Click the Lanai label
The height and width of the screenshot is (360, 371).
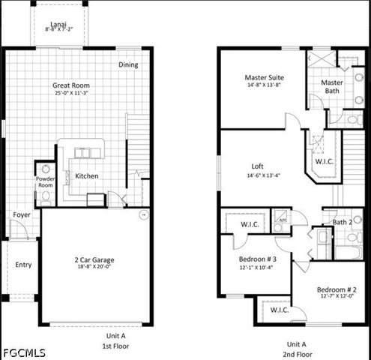point(58,23)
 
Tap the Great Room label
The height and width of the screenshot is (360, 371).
point(71,85)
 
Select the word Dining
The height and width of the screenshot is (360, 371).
point(128,64)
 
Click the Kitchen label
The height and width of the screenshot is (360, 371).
point(87,176)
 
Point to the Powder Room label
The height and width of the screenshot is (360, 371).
point(46,182)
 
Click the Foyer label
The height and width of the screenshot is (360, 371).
point(22,214)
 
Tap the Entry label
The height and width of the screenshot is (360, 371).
point(24,264)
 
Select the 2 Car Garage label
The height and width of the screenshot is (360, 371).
point(94,260)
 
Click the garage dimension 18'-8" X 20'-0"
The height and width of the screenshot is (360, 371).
point(94,268)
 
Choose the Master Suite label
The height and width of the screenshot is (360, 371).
point(264,77)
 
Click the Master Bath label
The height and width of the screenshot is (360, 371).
point(332,86)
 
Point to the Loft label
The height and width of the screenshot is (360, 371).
point(257,167)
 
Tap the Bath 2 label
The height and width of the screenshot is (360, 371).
point(343,222)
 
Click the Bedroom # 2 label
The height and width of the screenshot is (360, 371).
point(336,289)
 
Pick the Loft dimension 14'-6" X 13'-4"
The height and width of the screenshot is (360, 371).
point(257,175)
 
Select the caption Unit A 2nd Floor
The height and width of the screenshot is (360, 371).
point(298,349)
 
